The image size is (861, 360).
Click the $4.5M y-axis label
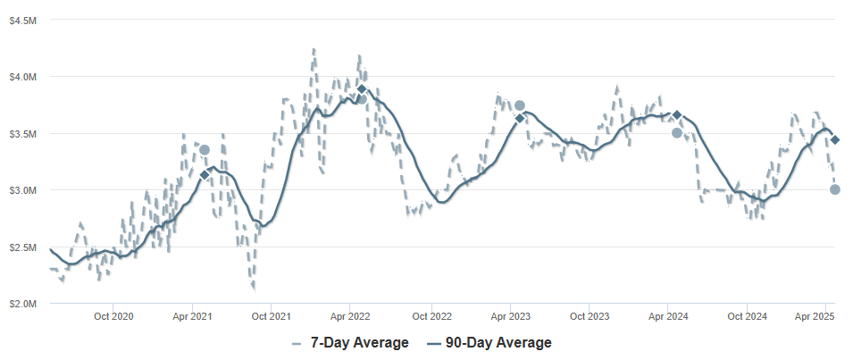(x=23, y=20)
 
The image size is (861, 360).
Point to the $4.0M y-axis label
(x=23, y=76)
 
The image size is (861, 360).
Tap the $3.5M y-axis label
(x=23, y=133)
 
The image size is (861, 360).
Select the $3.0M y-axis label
(x=23, y=190)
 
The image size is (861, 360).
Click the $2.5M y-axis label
(x=23, y=247)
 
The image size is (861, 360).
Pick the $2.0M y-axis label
(x=23, y=304)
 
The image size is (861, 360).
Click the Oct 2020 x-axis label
(x=113, y=316)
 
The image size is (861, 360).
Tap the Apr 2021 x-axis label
(x=193, y=316)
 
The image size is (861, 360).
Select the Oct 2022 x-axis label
(x=431, y=316)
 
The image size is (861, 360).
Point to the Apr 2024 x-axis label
(x=668, y=316)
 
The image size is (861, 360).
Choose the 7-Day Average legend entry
(x=350, y=343)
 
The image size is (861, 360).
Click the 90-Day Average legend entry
(x=489, y=343)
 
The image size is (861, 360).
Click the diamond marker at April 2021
(x=205, y=175)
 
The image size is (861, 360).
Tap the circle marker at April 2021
(x=205, y=150)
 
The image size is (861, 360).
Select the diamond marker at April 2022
(x=362, y=89)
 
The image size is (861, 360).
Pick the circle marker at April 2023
(x=520, y=105)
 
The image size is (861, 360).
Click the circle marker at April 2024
(x=677, y=133)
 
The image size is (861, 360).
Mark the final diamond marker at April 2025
(x=835, y=140)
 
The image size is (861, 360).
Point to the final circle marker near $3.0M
(x=835, y=189)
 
